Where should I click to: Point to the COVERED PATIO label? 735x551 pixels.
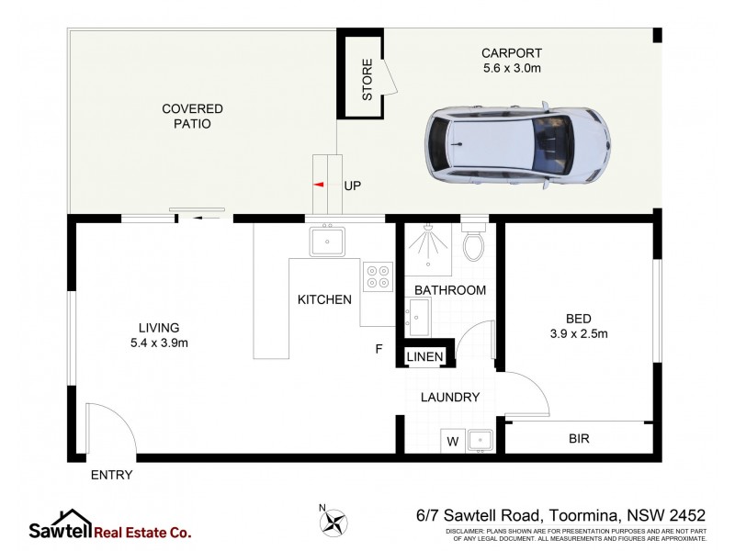click(193, 116)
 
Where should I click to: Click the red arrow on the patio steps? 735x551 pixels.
click(319, 185)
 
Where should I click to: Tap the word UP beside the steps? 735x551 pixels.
click(352, 186)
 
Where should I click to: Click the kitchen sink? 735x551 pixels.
click(327, 242)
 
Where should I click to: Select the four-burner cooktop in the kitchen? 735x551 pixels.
click(378, 276)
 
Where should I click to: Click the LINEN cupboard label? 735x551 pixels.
click(425, 356)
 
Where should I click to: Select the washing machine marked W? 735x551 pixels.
click(452, 442)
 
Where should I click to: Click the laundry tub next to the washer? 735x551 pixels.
click(481, 441)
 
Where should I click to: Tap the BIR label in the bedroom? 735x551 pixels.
click(578, 440)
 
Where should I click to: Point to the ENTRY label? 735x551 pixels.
click(111, 475)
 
